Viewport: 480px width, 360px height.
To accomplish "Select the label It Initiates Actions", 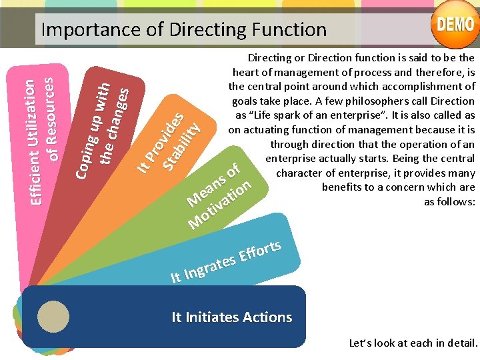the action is (231, 317).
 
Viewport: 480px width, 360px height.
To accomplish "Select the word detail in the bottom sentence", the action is (463, 343).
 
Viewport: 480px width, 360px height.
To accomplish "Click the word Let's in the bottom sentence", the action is (361, 343).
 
